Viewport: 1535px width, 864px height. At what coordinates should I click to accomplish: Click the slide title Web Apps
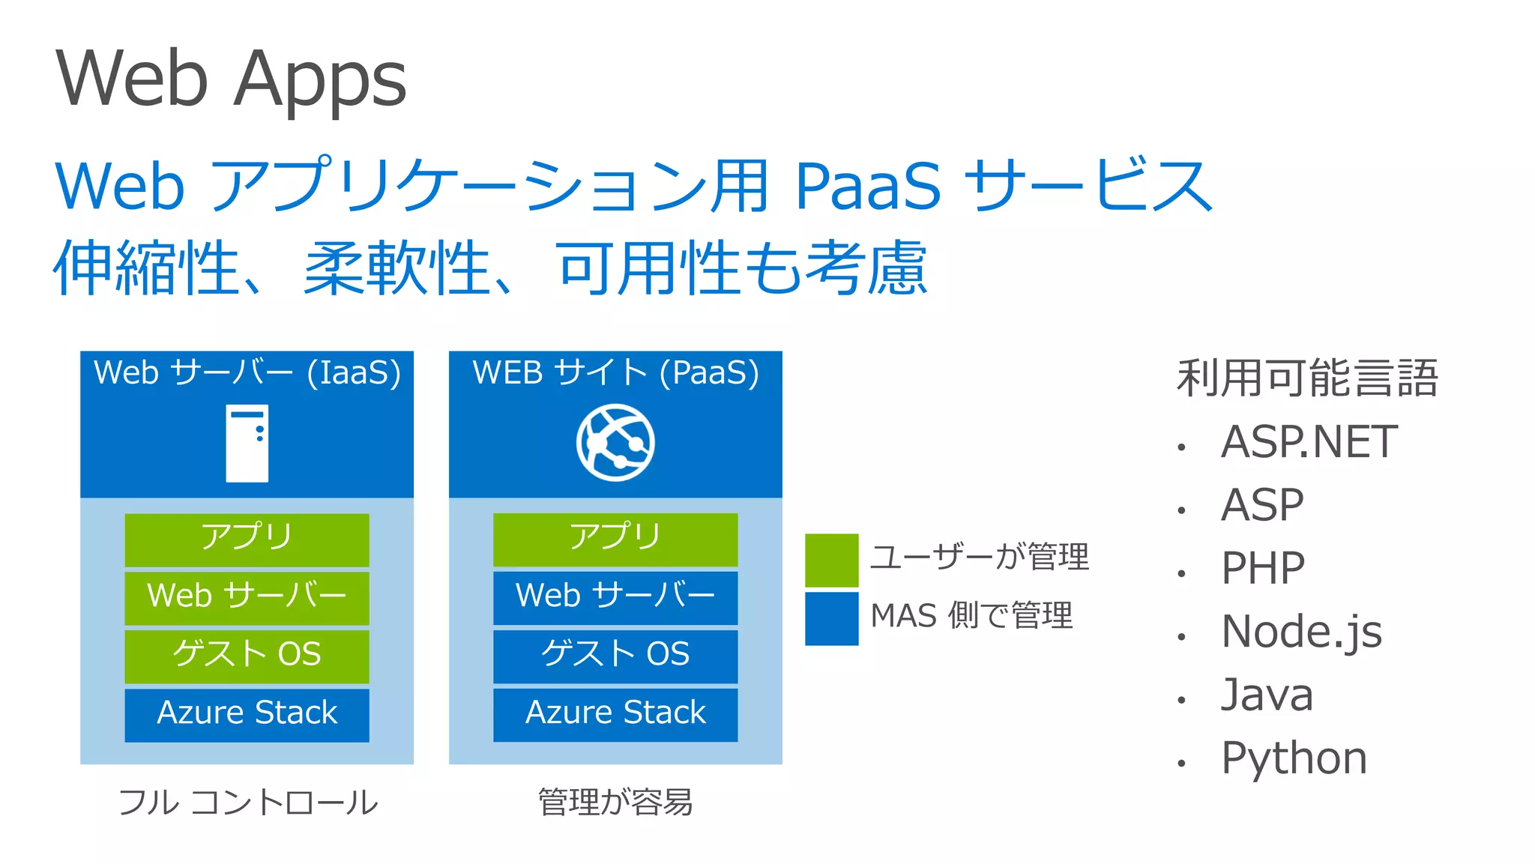point(231,79)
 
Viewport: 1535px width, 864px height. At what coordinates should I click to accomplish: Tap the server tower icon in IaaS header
point(247,443)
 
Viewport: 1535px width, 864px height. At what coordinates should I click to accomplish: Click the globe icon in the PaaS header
point(615,442)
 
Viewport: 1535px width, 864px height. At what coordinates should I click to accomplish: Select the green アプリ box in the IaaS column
point(247,539)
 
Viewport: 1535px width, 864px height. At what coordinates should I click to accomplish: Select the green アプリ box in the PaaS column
point(615,539)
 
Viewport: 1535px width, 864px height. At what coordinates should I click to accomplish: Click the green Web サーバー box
point(247,597)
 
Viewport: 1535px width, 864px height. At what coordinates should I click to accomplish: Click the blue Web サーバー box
point(615,597)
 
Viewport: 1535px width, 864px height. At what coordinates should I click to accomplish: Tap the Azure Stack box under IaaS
point(247,714)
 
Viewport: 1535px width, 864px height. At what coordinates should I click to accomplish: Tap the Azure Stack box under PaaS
point(615,714)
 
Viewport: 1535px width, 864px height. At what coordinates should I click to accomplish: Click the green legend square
point(831,560)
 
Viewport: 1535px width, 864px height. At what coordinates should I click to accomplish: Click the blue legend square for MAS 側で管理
point(831,618)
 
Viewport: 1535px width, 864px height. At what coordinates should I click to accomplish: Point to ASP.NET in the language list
point(1309,442)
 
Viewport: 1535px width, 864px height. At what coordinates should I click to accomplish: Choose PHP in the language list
point(1262,568)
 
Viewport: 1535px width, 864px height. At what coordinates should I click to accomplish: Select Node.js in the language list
point(1301,632)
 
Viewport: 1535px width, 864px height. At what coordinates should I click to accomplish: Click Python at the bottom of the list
point(1294,758)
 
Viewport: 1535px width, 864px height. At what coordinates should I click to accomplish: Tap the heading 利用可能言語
point(1307,378)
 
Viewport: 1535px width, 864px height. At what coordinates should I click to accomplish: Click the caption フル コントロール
point(248,803)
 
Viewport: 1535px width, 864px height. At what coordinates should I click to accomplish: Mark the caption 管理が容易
point(615,803)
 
